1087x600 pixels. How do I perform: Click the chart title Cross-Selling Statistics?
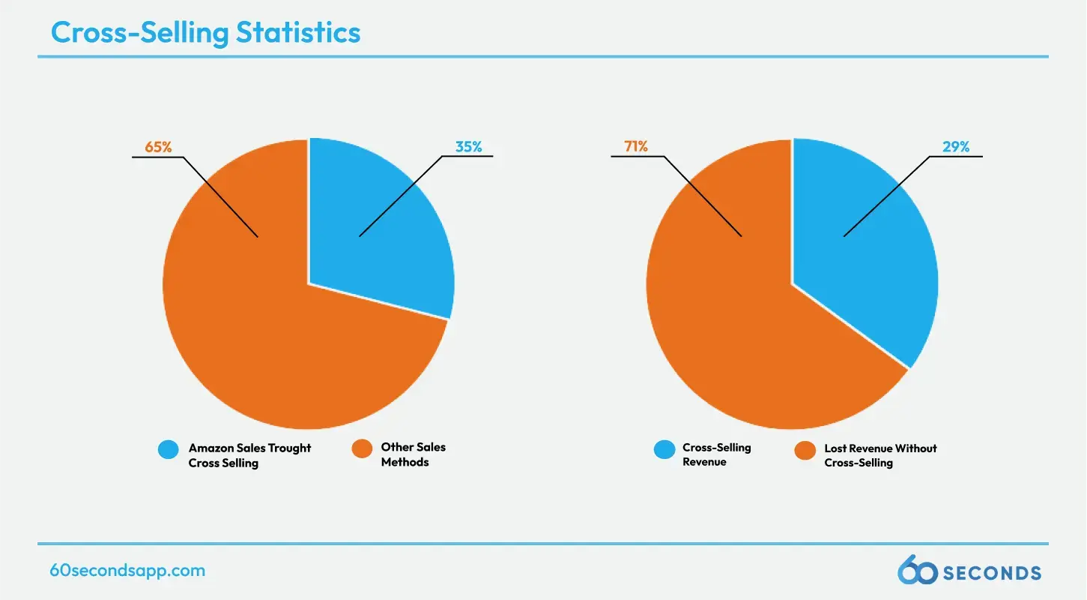pos(205,32)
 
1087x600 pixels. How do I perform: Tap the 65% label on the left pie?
pos(158,148)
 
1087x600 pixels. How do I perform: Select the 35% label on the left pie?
pos(469,148)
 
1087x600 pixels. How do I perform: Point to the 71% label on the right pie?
pos(637,147)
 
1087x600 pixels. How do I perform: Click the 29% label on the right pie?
pos(956,148)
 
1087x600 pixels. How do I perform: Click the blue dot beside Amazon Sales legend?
pos(169,449)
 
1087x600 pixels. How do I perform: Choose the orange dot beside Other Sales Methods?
pos(363,449)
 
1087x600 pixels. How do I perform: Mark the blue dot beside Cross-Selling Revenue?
pos(664,449)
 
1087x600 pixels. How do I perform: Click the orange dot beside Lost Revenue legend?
pos(805,450)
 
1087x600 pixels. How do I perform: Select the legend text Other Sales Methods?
pos(413,454)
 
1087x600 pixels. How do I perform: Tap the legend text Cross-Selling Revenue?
pos(716,454)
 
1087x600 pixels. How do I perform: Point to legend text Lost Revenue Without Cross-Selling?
pos(880,455)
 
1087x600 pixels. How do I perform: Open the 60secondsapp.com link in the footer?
pos(127,570)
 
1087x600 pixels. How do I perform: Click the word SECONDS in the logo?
pos(991,574)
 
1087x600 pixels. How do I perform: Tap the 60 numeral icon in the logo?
pos(917,571)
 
